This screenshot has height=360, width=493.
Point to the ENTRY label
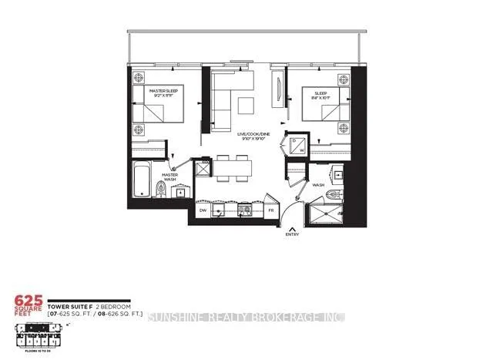[293, 234]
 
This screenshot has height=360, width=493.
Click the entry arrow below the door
[293, 226]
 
